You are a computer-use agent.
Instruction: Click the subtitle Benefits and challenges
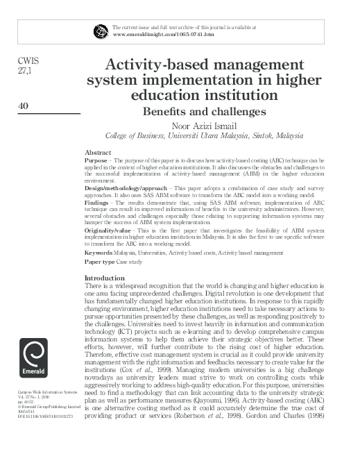pyautogui.click(x=204, y=111)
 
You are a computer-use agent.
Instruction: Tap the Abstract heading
pyautogui.click(x=97, y=152)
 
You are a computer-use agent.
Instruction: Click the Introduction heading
pyautogui.click(x=105, y=278)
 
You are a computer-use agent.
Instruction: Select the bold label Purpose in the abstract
pyautogui.click(x=96, y=160)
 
